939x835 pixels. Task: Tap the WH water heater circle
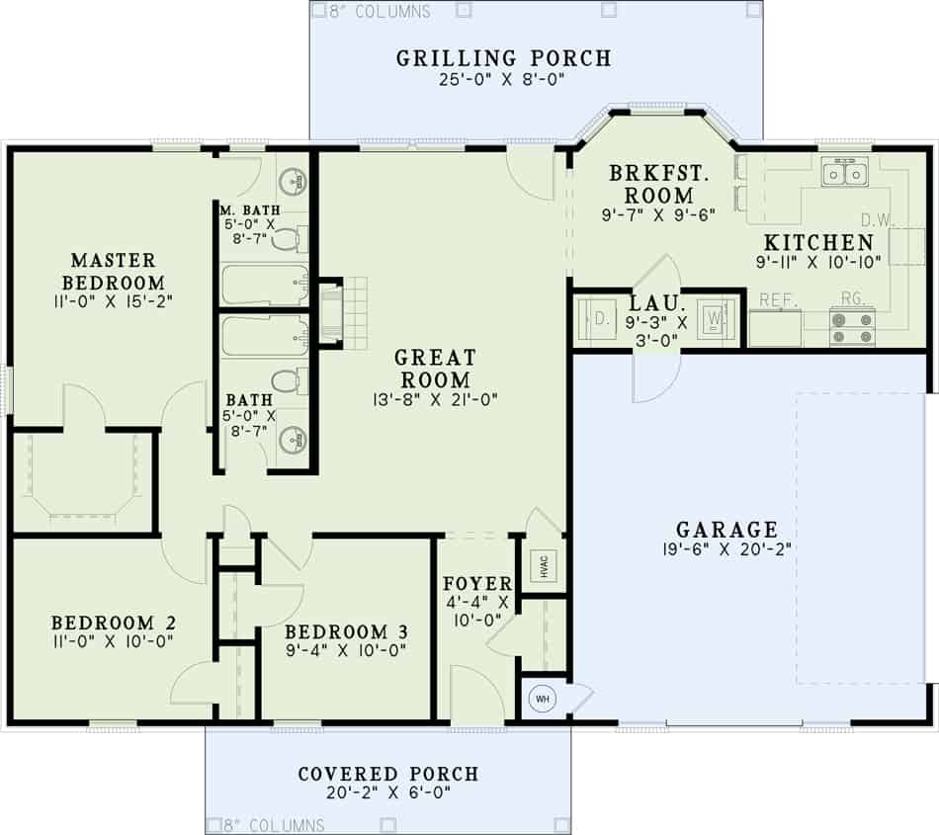click(x=542, y=699)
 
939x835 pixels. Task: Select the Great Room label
click(x=435, y=368)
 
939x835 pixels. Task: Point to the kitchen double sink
click(x=845, y=175)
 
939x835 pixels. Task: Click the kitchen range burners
click(x=853, y=327)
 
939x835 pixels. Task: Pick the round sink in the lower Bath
click(x=293, y=441)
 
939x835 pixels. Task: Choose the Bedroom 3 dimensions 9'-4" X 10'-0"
click(x=346, y=650)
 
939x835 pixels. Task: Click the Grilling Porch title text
click(x=504, y=57)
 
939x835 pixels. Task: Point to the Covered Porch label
click(x=388, y=774)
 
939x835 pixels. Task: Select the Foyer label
click(x=476, y=583)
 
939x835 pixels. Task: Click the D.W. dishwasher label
click(x=877, y=219)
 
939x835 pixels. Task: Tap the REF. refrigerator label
click(x=779, y=297)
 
